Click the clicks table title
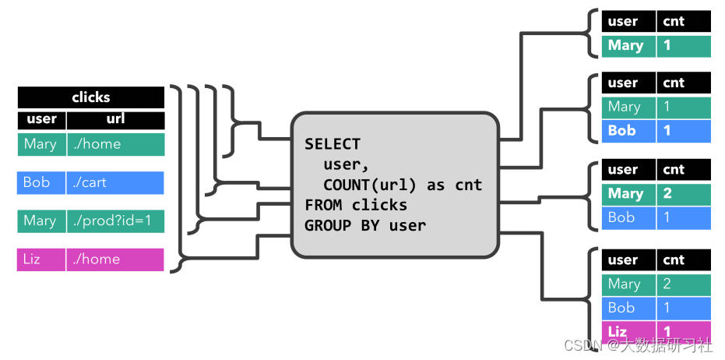click(91, 97)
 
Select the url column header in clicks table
click(115, 119)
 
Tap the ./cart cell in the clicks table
click(115, 182)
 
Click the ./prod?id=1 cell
click(115, 221)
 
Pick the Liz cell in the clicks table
click(41, 259)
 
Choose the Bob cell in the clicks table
click(41, 182)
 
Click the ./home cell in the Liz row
click(115, 259)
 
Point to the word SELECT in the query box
click(333, 144)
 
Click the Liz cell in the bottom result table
click(628, 331)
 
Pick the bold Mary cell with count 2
click(628, 194)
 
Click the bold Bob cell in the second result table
click(628, 131)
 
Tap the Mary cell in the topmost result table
click(628, 45)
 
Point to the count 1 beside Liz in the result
click(683, 331)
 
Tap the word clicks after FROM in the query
click(379, 206)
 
